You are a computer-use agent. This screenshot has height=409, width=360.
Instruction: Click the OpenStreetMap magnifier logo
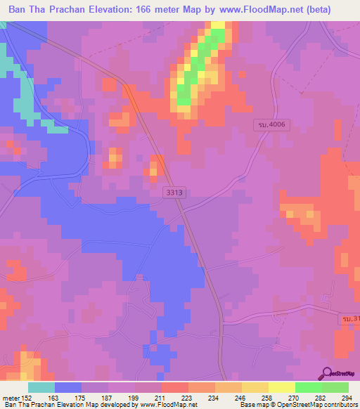coord(326,372)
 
